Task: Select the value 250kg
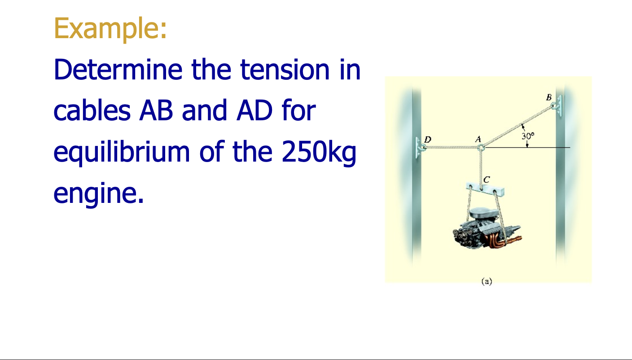click(319, 152)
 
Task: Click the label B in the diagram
click(549, 97)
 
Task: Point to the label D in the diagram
click(427, 140)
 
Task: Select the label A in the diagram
click(478, 139)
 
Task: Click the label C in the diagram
click(487, 180)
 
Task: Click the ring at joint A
click(480, 147)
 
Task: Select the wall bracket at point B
click(557, 106)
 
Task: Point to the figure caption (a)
click(486, 281)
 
